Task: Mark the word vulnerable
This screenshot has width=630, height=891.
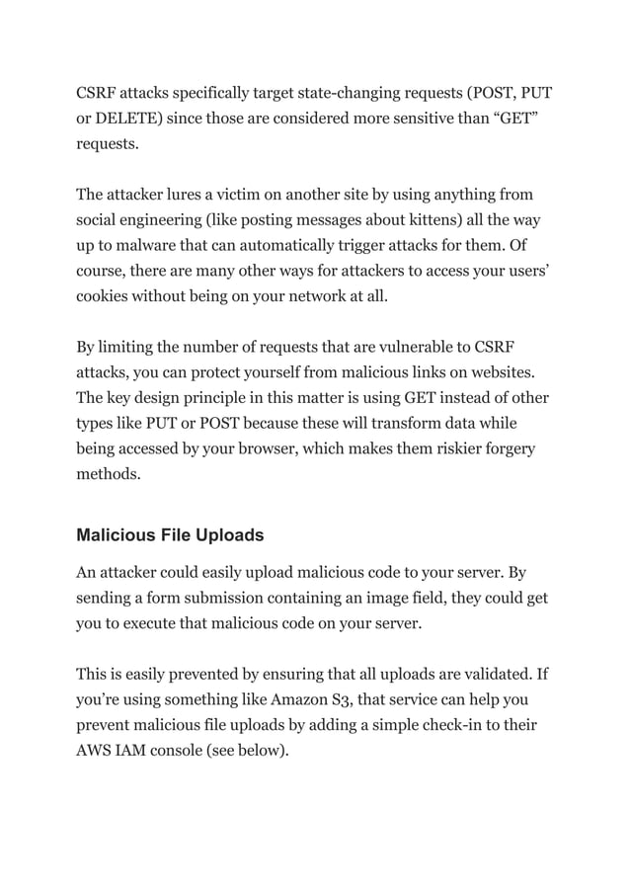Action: pyautogui.click(x=423, y=349)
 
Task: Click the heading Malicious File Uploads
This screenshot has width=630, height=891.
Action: pyautogui.click(x=170, y=535)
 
